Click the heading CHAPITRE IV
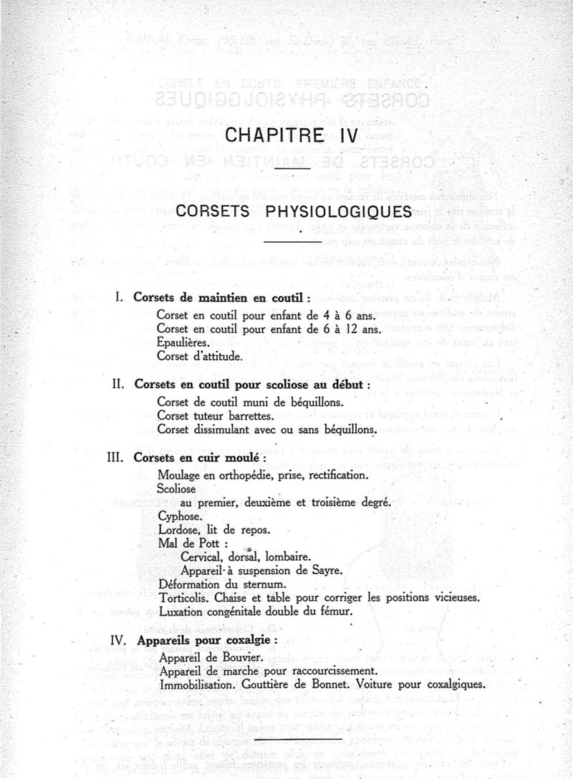[291, 135]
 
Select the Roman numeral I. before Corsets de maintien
[122, 296]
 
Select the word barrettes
[259, 415]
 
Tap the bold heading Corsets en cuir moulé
[198, 458]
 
